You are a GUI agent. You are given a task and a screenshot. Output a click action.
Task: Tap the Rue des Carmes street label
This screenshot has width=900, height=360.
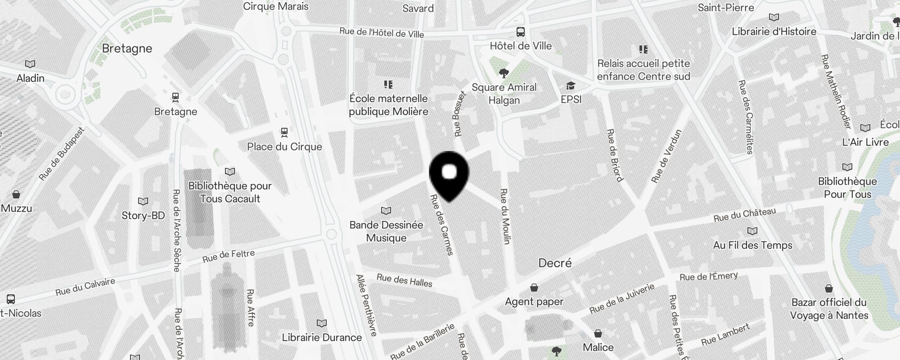coord(441,225)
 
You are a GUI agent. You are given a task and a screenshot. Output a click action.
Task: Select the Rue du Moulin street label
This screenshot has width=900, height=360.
coord(505,216)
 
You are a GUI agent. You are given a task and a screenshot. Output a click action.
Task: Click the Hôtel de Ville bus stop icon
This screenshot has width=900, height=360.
coord(521,32)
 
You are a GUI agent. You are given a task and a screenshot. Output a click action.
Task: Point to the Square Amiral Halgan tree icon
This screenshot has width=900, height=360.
coord(504,73)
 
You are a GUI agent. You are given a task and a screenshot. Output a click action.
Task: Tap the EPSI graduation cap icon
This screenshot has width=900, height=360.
coord(571,85)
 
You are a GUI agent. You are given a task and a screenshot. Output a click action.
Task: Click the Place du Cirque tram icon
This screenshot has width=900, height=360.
coord(284,132)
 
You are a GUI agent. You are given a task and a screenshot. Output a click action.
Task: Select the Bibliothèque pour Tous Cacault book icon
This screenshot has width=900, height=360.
coord(230,171)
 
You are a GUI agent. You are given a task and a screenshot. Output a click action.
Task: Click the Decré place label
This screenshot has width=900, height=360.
coord(555,263)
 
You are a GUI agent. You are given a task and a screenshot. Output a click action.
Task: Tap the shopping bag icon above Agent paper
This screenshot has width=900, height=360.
coord(534,287)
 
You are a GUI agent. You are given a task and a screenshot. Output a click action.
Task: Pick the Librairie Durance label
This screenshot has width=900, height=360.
coord(322,337)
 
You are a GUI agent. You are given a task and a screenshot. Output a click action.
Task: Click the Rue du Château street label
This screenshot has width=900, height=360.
coord(745,215)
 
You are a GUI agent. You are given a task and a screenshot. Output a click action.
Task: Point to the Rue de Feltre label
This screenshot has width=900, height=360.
coord(229,256)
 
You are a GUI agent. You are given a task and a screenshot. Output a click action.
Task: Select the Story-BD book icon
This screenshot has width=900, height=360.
coord(143,201)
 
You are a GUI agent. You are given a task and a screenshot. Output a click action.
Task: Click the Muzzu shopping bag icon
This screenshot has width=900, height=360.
coord(16,194)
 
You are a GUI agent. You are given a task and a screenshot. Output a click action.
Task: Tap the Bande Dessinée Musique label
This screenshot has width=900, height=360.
coord(386,231)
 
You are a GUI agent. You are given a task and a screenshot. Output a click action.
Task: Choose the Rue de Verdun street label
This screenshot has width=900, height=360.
coord(666,156)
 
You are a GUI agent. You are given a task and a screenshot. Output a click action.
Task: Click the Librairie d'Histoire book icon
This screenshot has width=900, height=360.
coord(774,18)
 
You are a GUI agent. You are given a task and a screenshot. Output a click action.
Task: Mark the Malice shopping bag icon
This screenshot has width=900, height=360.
coord(598,333)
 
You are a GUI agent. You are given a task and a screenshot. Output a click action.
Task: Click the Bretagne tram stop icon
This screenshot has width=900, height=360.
coord(175,97)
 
